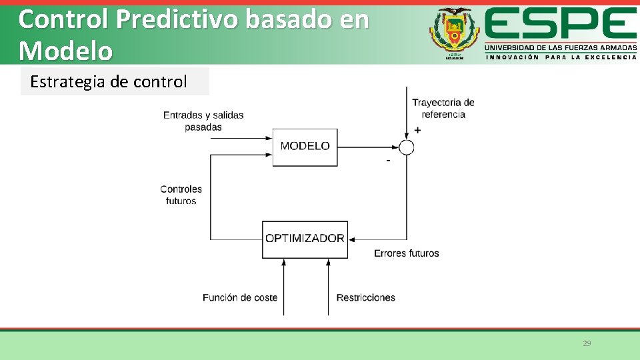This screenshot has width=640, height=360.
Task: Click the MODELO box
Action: coord(305,147)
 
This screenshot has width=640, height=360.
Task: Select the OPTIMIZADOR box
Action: coord(305,239)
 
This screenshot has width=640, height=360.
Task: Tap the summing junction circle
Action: coord(407,147)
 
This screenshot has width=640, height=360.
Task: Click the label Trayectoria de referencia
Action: coord(443,108)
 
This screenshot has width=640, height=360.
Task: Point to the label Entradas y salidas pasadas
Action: coord(203,121)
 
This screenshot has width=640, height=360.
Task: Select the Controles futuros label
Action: coord(181,195)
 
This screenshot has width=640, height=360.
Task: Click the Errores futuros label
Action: coord(406,253)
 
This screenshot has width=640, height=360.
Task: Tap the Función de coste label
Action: coord(240,297)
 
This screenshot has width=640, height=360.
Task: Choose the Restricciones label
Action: coord(365,297)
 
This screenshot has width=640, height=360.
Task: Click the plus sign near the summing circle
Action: coord(417,130)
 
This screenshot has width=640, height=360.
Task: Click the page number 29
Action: coord(587,343)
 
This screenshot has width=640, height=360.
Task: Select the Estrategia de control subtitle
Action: coord(109,82)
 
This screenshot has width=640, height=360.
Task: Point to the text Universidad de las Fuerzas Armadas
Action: coord(560,48)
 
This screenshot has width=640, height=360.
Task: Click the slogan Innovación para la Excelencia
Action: coord(560,57)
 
